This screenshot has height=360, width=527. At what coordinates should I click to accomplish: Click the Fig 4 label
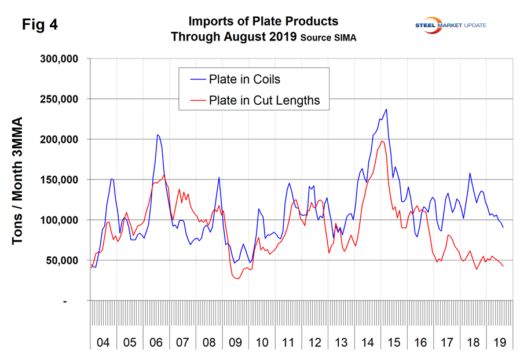click(x=40, y=25)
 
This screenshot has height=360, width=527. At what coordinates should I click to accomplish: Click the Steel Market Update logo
click(x=451, y=25)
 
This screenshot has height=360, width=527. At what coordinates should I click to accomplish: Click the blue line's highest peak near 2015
click(x=386, y=109)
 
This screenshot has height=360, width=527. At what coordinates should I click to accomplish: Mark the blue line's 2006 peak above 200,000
click(x=158, y=135)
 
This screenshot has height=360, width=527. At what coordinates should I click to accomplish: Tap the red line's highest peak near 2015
click(x=382, y=141)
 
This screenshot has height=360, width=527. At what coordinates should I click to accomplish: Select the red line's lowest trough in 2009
click(x=237, y=278)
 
